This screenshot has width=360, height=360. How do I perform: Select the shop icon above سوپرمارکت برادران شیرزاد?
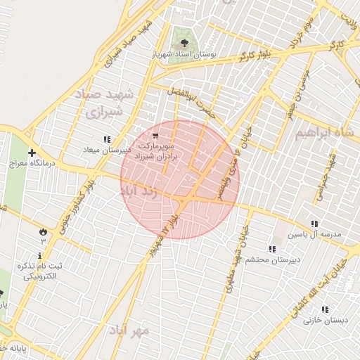[155, 135]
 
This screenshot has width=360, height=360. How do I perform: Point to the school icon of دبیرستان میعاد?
[107, 139]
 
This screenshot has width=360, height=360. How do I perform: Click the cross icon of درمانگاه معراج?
[32, 153]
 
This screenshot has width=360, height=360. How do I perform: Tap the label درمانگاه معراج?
[30, 163]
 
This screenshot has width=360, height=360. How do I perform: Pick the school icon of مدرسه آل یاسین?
[314, 224]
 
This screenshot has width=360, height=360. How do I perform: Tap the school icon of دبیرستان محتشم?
[271, 248]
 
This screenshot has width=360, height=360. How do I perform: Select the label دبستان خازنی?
[323, 321]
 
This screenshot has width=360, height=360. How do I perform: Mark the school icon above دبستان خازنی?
[324, 309]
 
